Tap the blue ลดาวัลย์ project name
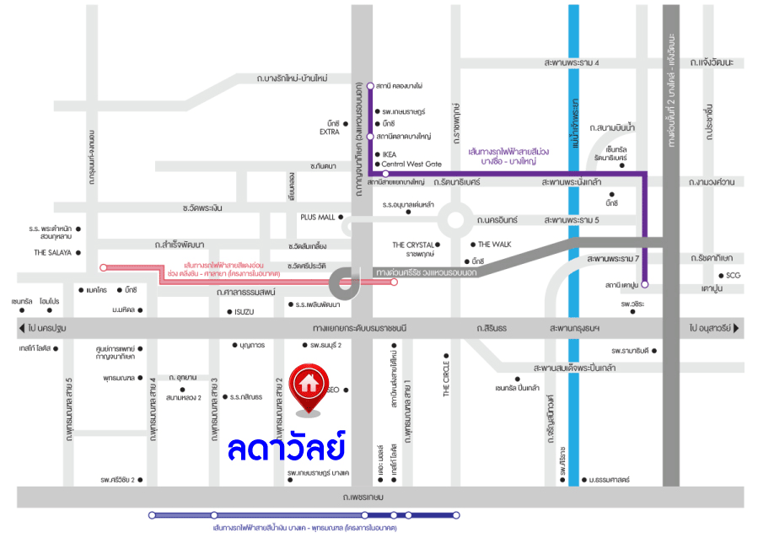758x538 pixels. (x=288, y=447)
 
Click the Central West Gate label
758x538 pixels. (x=411, y=164)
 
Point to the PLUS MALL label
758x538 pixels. (x=317, y=217)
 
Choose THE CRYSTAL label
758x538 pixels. (x=412, y=245)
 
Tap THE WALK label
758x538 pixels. (x=495, y=245)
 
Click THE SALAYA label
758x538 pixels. (x=51, y=252)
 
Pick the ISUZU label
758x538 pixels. (x=244, y=311)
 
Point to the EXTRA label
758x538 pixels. (x=329, y=132)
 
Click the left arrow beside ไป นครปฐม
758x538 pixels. (x=21, y=327)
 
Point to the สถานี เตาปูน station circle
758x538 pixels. (x=645, y=285)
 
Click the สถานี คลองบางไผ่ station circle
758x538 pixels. (x=369, y=86)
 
